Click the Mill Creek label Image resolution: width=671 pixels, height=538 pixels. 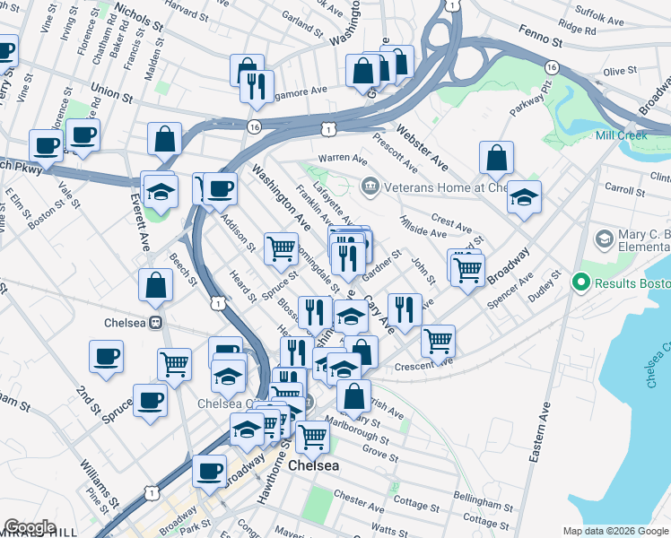coord(622,135)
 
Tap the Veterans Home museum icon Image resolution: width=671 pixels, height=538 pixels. coord(369,187)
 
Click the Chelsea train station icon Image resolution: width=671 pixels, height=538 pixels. coord(155,322)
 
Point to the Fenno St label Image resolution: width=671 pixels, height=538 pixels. coord(545,42)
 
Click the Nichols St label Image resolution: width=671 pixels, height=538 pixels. coord(139,15)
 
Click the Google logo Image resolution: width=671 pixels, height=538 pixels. coord(30,527)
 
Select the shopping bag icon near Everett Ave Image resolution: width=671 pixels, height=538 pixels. coord(156,285)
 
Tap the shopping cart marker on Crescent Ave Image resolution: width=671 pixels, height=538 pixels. coord(437,339)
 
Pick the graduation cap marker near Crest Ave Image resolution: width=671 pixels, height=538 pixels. coord(525,196)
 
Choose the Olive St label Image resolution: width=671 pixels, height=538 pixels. coord(620,71)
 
